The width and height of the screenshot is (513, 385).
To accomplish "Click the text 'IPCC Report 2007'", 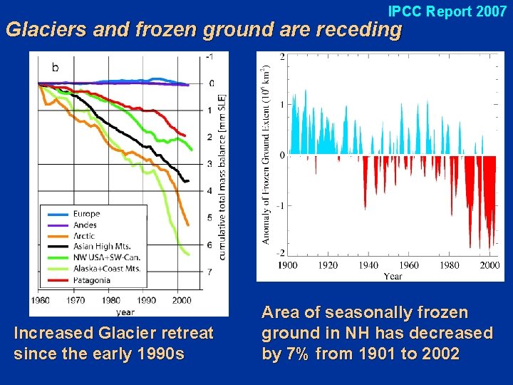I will (447, 11).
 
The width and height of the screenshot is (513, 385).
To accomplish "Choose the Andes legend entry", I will (85, 225).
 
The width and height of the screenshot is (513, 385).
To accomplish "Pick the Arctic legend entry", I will (84, 236).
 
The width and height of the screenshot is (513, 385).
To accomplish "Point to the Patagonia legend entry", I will (91, 280).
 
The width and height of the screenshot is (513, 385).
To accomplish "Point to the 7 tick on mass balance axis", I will (209, 272).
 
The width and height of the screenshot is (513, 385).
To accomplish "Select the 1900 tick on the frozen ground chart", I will (287, 266).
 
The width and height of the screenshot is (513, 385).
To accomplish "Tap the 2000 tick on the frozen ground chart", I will (490, 266).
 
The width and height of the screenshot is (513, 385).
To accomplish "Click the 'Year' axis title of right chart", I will (393, 276).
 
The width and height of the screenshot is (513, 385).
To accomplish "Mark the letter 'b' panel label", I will (56, 67).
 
